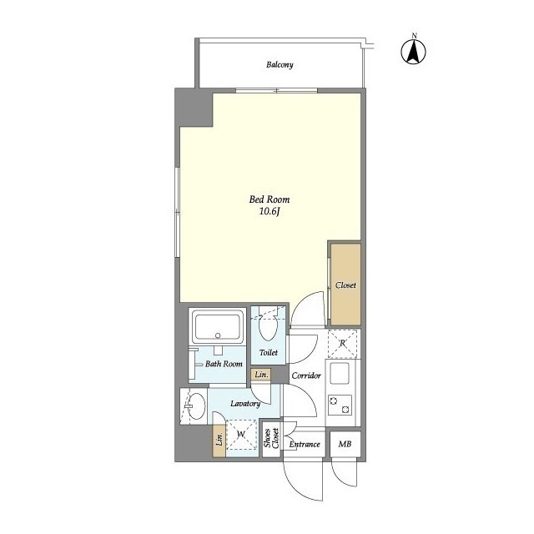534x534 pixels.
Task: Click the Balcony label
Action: [280, 65]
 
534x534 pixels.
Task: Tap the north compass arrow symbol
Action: [414, 52]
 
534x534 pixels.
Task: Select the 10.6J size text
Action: [270, 212]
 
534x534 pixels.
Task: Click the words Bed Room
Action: [270, 199]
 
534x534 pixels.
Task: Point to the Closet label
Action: [345, 285]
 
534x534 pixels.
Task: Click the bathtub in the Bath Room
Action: [218, 327]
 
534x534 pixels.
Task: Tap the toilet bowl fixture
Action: [268, 327]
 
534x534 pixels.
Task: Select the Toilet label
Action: [269, 352]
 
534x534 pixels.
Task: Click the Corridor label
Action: [306, 375]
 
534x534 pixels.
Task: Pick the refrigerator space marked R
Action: [342, 343]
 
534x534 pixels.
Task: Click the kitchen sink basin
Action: [339, 373]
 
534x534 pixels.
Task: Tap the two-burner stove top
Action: [340, 405]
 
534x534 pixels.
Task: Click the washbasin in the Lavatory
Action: [196, 406]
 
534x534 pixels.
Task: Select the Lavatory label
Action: [245, 404]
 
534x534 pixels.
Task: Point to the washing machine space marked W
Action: [241, 434]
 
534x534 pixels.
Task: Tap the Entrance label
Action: [305, 444]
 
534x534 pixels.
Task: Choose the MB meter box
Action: [345, 444]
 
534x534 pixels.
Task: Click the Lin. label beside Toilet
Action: [261, 375]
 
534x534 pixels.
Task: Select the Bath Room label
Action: [224, 364]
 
